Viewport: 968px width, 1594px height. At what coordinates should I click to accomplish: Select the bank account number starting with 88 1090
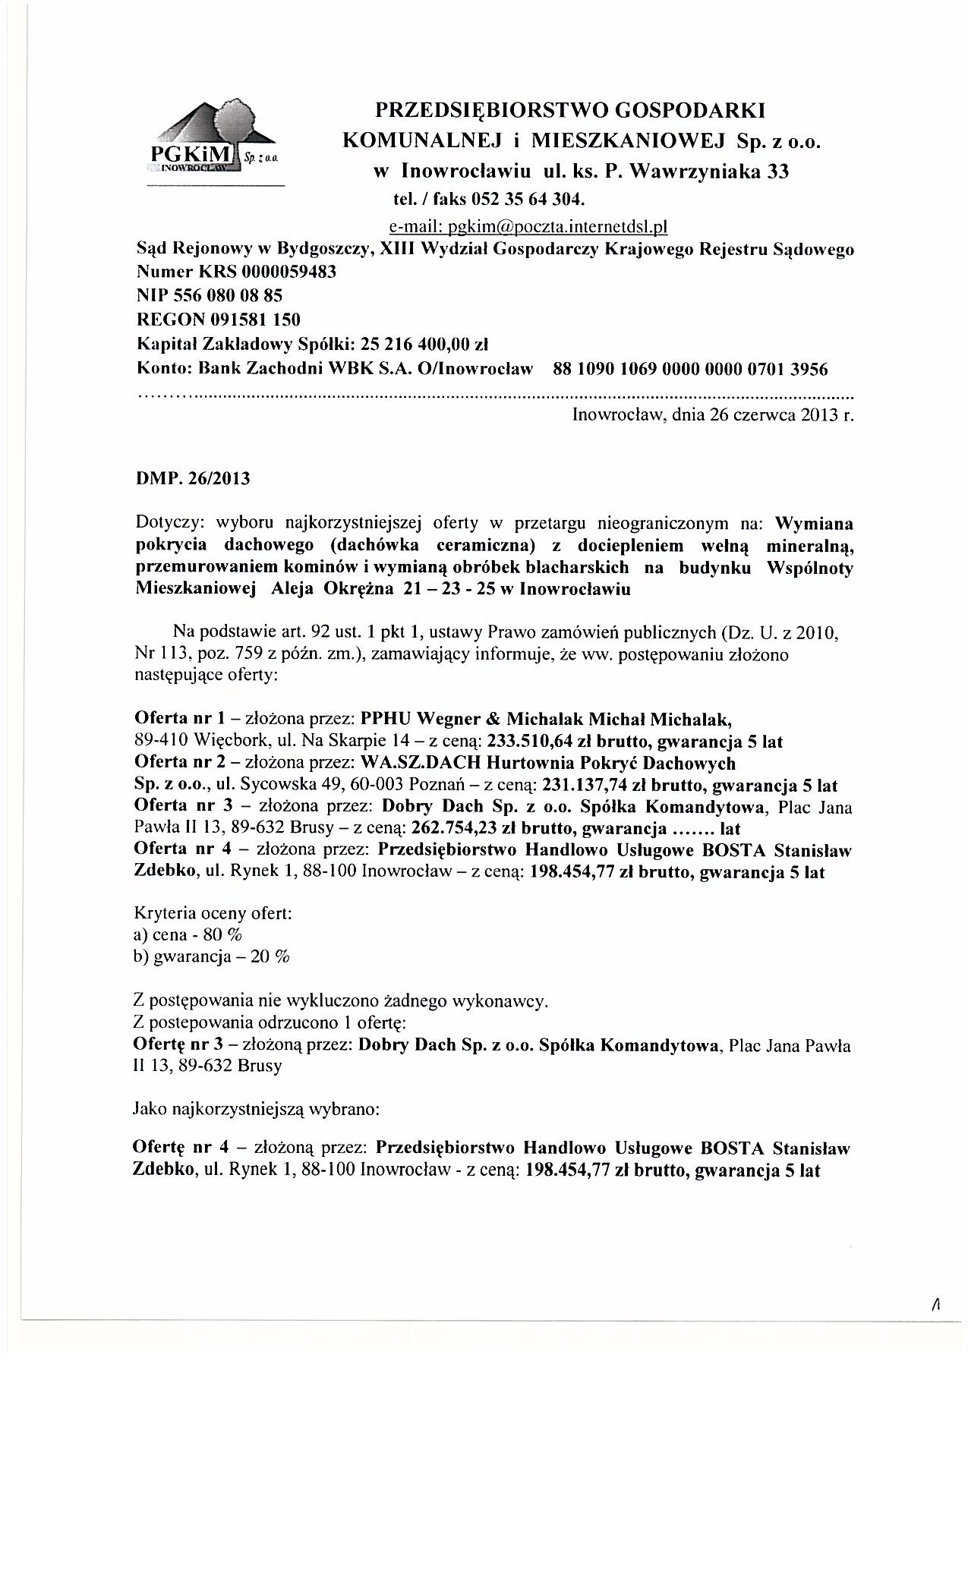click(691, 370)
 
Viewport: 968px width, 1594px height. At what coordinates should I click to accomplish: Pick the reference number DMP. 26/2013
click(191, 479)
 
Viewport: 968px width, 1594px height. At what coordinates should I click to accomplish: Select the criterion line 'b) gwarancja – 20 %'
click(212, 957)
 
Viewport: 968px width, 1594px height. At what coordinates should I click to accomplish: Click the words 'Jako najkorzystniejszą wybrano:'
click(256, 1109)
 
